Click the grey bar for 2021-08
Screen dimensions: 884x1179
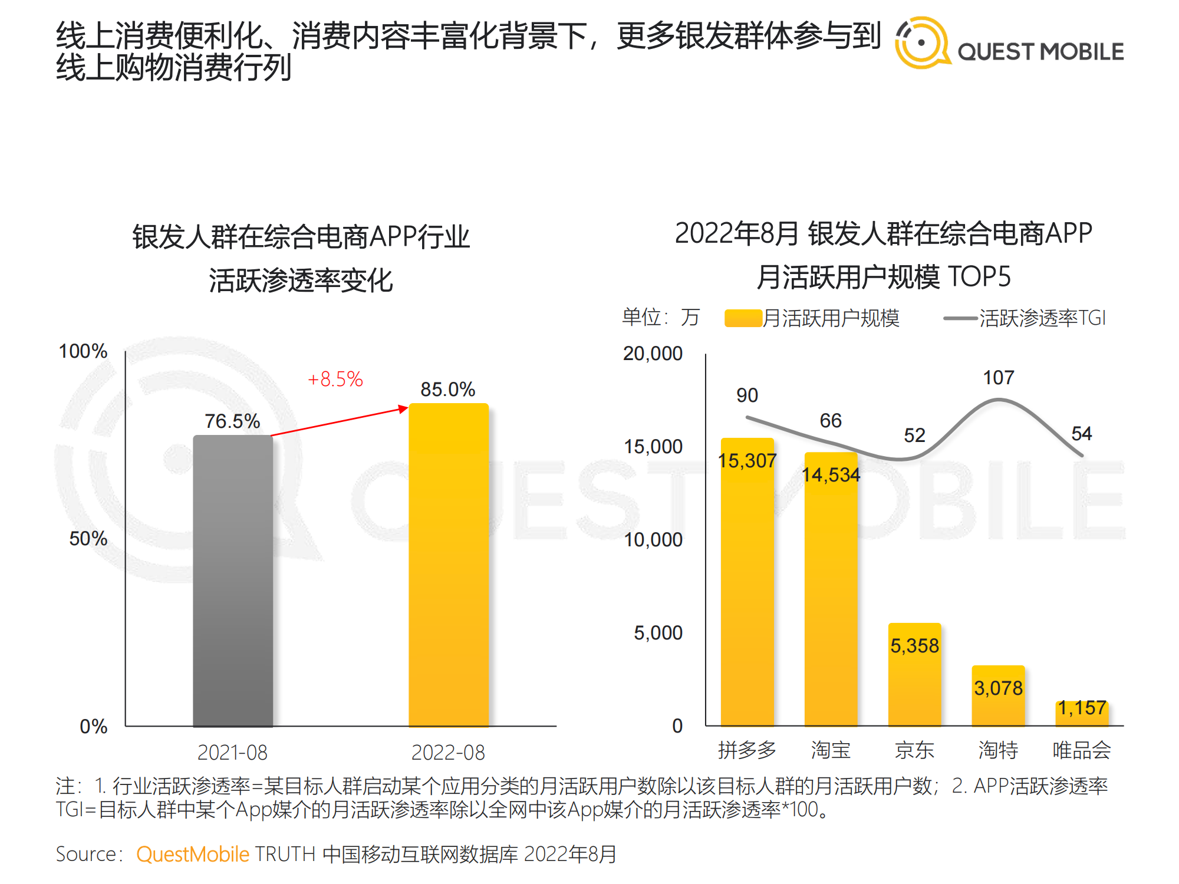tap(233, 580)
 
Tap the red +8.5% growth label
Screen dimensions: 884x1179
tap(335, 379)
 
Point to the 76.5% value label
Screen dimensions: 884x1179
tap(232, 421)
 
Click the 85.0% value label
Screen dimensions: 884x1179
tap(447, 389)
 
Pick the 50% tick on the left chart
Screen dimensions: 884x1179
tap(88, 538)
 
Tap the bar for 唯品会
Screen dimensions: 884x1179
tap(1082, 714)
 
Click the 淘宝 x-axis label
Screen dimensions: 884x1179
tap(831, 750)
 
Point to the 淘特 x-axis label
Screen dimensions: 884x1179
tap(998, 750)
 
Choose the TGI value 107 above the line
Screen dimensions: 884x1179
tap(998, 377)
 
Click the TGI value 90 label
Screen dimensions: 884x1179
tap(747, 395)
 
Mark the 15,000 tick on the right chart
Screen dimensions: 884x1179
tap(653, 446)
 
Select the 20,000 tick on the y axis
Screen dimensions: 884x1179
tap(653, 353)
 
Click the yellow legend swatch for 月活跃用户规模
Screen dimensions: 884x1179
tap(743, 318)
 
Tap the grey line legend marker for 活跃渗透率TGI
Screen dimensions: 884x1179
tap(960, 318)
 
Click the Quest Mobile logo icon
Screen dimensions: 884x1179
tap(921, 42)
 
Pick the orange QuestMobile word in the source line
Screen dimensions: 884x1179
tap(193, 854)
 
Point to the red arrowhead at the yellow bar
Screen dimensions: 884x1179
tap(404, 408)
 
